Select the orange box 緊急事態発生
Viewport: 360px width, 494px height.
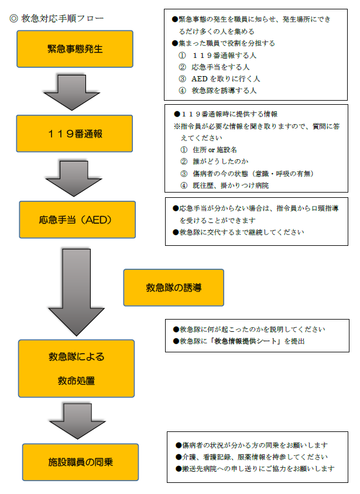(x=75, y=49)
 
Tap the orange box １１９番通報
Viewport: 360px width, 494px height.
(x=75, y=133)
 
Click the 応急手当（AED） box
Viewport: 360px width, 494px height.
(x=77, y=219)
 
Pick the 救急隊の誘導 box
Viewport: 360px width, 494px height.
(x=173, y=287)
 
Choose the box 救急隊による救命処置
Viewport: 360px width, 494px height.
(x=77, y=368)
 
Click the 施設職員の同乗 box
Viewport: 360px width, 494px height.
(x=80, y=462)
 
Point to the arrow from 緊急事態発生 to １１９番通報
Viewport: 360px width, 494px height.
(x=72, y=92)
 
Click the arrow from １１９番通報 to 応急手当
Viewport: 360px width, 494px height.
(x=74, y=179)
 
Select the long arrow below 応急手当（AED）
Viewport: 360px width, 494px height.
(x=76, y=293)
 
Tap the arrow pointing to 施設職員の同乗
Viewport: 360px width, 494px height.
(x=77, y=421)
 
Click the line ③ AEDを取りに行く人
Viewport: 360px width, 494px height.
(x=219, y=79)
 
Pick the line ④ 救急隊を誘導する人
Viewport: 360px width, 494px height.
(x=218, y=91)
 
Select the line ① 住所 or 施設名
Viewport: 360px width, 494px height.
(x=208, y=150)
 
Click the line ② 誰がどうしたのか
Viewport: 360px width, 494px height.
(x=214, y=162)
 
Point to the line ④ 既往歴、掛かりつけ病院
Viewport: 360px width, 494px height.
(x=224, y=186)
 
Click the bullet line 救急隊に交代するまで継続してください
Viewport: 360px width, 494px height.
(x=238, y=232)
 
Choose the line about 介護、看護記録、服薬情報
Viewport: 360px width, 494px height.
(x=252, y=457)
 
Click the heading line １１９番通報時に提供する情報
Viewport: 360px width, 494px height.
(x=226, y=114)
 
